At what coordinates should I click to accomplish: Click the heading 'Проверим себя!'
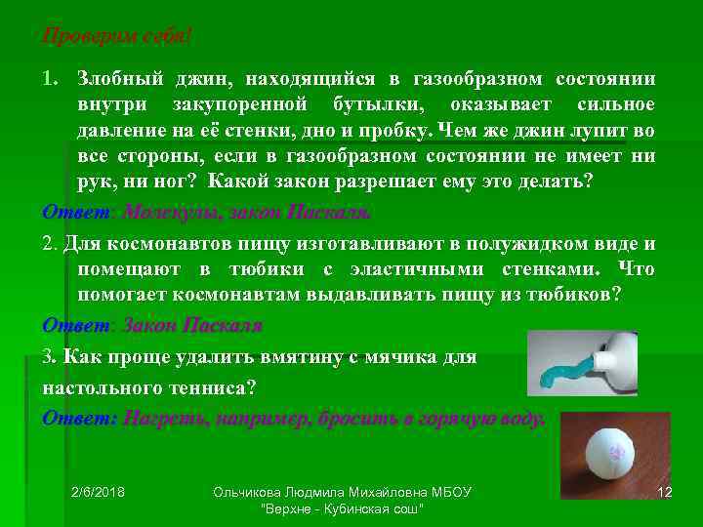point(117,36)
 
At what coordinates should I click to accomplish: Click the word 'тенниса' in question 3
point(207,387)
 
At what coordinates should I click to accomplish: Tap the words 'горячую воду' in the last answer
point(479,418)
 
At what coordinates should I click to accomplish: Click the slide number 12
point(666,491)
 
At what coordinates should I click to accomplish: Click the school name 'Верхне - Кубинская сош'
point(342,509)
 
